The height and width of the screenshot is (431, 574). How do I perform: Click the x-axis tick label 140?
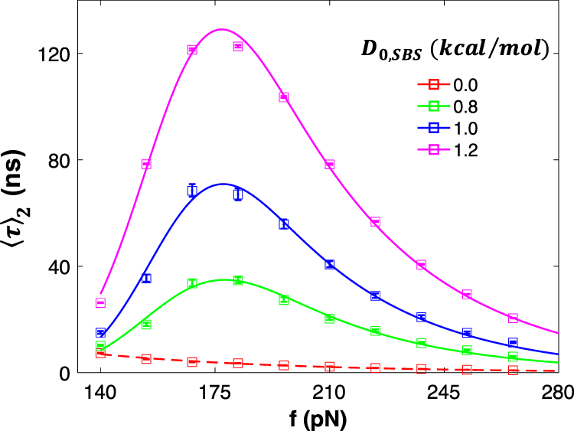pos(100,393)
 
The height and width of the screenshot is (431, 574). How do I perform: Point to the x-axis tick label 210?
pos(329,393)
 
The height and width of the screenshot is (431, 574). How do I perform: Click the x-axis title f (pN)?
pos(329,418)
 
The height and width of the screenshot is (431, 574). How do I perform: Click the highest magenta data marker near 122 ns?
pos(238,47)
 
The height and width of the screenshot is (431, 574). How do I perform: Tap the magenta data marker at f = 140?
pos(100,302)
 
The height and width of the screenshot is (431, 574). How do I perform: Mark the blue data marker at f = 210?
pos(330,264)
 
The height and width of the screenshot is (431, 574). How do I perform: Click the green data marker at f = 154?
pos(146,324)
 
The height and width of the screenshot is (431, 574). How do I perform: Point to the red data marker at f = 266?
pos(513,371)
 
